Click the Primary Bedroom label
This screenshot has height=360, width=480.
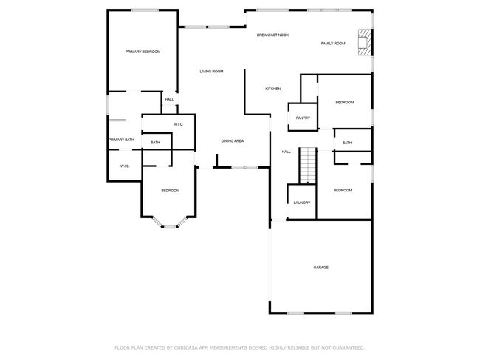tap(143, 52)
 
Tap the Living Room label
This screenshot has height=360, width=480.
tap(211, 72)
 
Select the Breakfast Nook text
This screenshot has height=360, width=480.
tap(272, 35)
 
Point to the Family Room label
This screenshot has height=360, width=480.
tap(333, 44)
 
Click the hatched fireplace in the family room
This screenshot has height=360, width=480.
tap(365, 42)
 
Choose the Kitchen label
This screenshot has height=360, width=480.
tap(272, 89)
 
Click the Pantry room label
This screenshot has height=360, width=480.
tap(303, 118)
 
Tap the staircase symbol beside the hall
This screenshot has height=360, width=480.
tap(308, 165)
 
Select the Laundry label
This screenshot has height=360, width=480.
tap(302, 203)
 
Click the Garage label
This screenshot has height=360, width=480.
tap(320, 268)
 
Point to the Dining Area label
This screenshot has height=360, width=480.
tap(233, 141)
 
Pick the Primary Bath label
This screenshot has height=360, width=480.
tap(122, 140)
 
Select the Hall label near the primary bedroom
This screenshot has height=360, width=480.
tap(169, 100)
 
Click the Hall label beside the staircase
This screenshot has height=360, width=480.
tap(287, 152)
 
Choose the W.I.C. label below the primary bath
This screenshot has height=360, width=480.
tap(125, 166)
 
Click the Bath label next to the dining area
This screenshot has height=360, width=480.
tap(155, 143)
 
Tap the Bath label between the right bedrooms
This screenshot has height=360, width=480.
tap(347, 143)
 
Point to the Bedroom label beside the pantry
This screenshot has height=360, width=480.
tap(345, 102)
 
